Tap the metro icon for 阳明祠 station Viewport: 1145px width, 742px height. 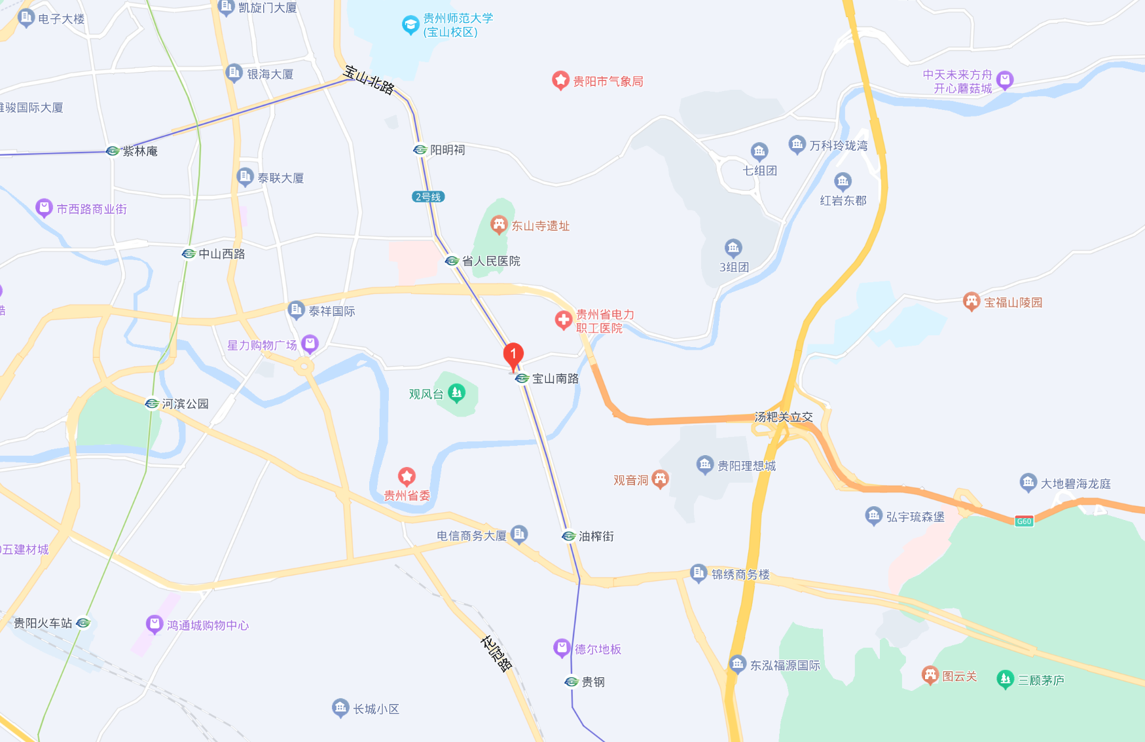click(420, 150)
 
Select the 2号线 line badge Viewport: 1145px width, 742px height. click(428, 196)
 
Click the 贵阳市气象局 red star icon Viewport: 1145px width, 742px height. click(560, 81)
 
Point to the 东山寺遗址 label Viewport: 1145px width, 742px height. click(540, 226)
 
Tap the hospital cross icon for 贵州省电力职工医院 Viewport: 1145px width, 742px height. click(563, 320)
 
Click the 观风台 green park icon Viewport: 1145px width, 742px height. click(456, 393)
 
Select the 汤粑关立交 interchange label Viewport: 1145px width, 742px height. click(784, 417)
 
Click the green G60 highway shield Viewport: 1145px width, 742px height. click(1024, 521)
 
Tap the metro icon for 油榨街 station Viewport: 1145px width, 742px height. click(569, 536)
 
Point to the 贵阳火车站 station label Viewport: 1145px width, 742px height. click(43, 623)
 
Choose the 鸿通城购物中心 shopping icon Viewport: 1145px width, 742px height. click(154, 624)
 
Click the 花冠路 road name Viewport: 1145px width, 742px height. click(496, 653)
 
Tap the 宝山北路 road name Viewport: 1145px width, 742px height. click(369, 80)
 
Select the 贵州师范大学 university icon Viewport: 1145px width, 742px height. click(410, 26)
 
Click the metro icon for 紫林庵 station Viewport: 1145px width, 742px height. click(113, 151)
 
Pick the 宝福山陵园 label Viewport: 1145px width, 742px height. click(1013, 303)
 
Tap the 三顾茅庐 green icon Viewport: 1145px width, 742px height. click(1005, 679)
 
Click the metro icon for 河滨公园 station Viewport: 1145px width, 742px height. click(152, 403)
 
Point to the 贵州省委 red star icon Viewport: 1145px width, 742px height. click(407, 476)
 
